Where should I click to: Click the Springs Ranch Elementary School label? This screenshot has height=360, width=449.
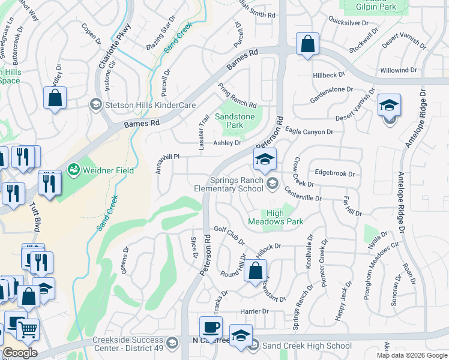pyautogui.click(x=237, y=184)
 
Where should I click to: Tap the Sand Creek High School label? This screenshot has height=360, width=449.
pyautogui.click(x=307, y=346)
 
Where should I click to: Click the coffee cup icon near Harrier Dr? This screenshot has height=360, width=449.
pyautogui.click(x=211, y=328)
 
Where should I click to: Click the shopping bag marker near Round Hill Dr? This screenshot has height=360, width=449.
pyautogui.click(x=255, y=270)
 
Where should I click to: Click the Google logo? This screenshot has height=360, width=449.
pyautogui.click(x=20, y=353)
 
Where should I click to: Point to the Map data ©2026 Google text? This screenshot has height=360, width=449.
pyautogui.click(x=411, y=355)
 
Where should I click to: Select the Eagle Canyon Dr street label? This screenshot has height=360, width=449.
pyautogui.click(x=309, y=132)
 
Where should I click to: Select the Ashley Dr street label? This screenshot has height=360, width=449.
pyautogui.click(x=228, y=143)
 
